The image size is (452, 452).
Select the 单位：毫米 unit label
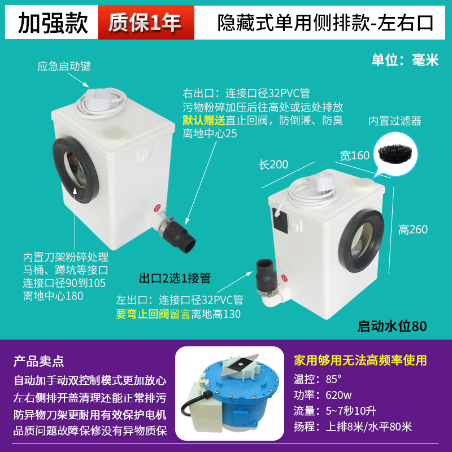[405, 60]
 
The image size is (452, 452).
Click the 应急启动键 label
[64, 67]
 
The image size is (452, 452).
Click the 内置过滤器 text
[395, 121]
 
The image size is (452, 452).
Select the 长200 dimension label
[273, 164]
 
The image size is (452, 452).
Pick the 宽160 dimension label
[355, 155]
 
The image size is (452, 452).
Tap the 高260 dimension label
[413, 229]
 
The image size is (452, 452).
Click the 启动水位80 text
[392, 327]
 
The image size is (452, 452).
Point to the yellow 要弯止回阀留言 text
[153, 314]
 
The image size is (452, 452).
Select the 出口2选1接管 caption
[175, 278]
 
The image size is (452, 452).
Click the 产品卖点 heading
[38, 361]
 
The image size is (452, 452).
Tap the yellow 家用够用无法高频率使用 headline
[360, 360]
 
